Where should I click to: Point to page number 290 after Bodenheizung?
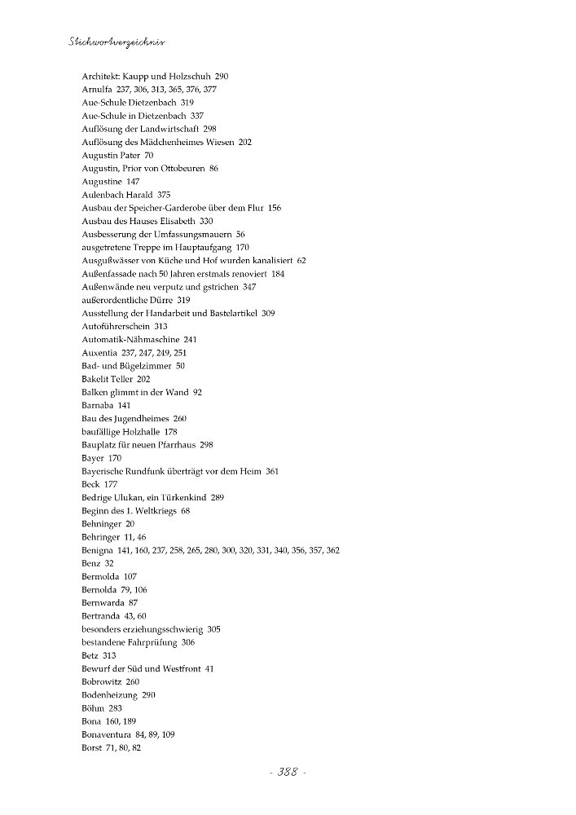pyautogui.click(x=148, y=694)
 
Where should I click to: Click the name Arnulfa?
pyautogui.click(x=98, y=89)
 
